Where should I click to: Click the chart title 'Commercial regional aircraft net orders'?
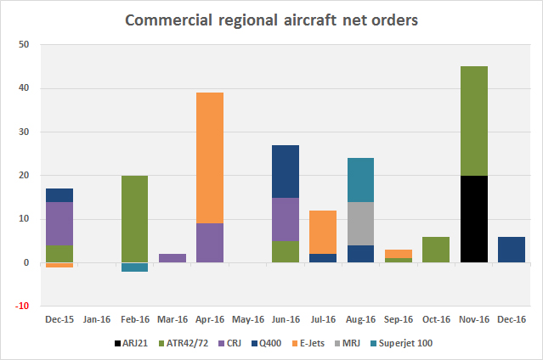271,20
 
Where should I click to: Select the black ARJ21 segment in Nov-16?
473,219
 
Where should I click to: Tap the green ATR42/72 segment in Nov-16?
473,121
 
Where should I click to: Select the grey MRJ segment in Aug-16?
362,223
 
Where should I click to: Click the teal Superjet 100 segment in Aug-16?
362,180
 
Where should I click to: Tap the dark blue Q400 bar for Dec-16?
511,250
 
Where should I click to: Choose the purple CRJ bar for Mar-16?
172,258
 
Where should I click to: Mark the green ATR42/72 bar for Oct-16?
437,250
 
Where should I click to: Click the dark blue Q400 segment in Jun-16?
286,172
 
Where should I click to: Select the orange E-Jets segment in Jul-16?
323,232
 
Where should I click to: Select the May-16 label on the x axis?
247,320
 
